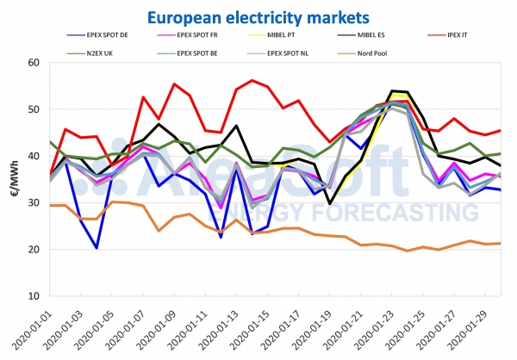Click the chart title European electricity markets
(x=258, y=16)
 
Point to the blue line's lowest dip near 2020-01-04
(x=97, y=248)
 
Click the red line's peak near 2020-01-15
(x=252, y=80)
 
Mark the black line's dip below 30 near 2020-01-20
(x=330, y=203)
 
